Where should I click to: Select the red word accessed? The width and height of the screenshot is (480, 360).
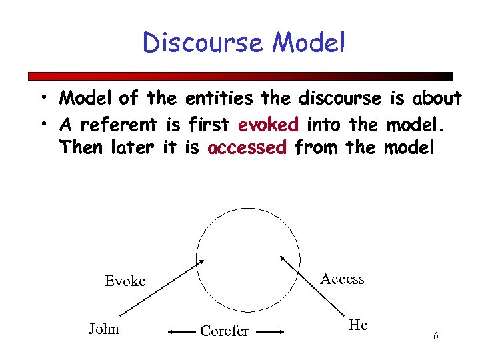coord(247,147)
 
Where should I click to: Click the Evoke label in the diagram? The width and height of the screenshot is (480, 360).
coord(125,281)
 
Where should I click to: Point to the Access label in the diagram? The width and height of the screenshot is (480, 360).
coord(342,279)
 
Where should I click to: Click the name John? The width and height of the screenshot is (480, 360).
coord(104,328)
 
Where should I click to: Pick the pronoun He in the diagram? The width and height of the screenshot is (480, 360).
coord(358,325)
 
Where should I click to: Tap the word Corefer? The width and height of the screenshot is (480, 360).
coord(225,331)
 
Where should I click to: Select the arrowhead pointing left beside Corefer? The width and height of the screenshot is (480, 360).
coord(170,331)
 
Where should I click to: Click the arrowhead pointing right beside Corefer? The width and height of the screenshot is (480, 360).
coord(281,331)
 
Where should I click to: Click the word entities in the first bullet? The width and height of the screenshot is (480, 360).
coord(219,99)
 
